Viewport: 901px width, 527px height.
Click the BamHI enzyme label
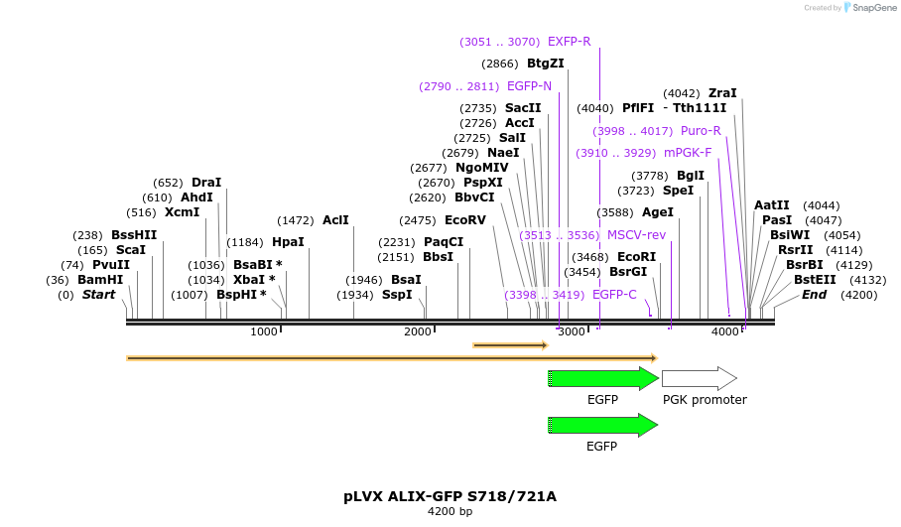[x=102, y=280]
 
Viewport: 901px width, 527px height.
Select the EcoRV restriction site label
[x=465, y=220]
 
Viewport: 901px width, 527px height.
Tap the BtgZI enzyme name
[x=545, y=64]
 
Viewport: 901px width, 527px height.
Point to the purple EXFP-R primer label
[x=569, y=42]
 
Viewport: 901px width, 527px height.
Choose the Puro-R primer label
[x=701, y=131]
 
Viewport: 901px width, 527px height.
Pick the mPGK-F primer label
[x=688, y=153]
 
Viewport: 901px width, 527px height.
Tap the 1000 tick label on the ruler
[x=264, y=331]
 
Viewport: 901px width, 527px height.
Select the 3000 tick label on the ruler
[x=572, y=331]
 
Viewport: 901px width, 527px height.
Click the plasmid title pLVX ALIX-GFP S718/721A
[x=450, y=496]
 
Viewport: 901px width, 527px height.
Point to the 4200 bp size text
[x=450, y=512]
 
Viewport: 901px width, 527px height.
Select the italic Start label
[x=98, y=295]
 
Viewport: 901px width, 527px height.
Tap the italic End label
[x=814, y=295]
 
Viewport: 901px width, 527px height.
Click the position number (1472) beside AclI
[x=296, y=220]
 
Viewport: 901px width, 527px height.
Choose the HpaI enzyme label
[x=288, y=242]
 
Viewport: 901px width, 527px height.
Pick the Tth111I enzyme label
[x=700, y=108]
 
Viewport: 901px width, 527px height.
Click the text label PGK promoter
[x=705, y=400]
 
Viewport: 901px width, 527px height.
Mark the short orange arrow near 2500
[x=510, y=345]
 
